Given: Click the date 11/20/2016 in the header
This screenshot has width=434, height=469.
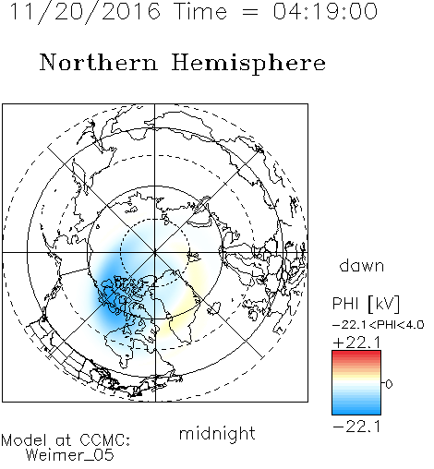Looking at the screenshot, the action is point(85,11).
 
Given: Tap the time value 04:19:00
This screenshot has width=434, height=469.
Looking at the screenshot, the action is point(325,11).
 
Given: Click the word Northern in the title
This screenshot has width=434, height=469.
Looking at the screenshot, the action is point(99,63).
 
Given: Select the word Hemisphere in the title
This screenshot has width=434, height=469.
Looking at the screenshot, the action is point(248,63).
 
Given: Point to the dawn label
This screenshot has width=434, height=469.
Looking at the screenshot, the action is point(362,266).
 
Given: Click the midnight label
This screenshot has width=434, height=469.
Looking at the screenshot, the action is point(217,434).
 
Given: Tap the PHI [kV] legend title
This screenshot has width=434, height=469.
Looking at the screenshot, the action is point(366,304).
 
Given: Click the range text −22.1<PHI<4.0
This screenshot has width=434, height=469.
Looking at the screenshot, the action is point(379,325).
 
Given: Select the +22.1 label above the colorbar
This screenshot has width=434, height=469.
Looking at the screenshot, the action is point(356,343).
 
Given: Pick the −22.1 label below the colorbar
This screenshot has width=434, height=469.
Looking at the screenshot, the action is point(356,427).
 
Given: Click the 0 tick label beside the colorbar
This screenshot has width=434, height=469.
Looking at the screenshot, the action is point(389,384).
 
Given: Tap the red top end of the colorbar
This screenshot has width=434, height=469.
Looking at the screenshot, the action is point(356,354).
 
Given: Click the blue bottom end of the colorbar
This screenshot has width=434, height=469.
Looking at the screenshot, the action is point(356,412).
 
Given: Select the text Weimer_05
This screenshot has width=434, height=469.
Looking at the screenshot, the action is point(70,455).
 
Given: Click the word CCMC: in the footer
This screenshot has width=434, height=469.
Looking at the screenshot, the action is point(105,440).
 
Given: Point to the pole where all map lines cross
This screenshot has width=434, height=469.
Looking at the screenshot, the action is point(155,253).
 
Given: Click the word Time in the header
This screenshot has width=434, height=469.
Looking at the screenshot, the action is point(200,11).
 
